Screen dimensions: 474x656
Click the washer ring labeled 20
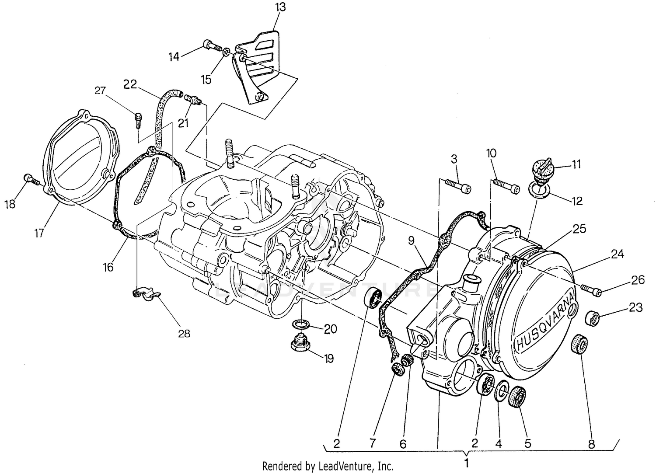pyautogui.click(x=302, y=325)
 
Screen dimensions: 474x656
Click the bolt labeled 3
pyautogui.click(x=457, y=185)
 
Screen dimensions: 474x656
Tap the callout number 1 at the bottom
pyautogui.click(x=467, y=462)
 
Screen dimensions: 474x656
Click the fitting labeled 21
pyautogui.click(x=193, y=101)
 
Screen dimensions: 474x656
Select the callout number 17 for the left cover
pyautogui.click(x=39, y=233)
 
